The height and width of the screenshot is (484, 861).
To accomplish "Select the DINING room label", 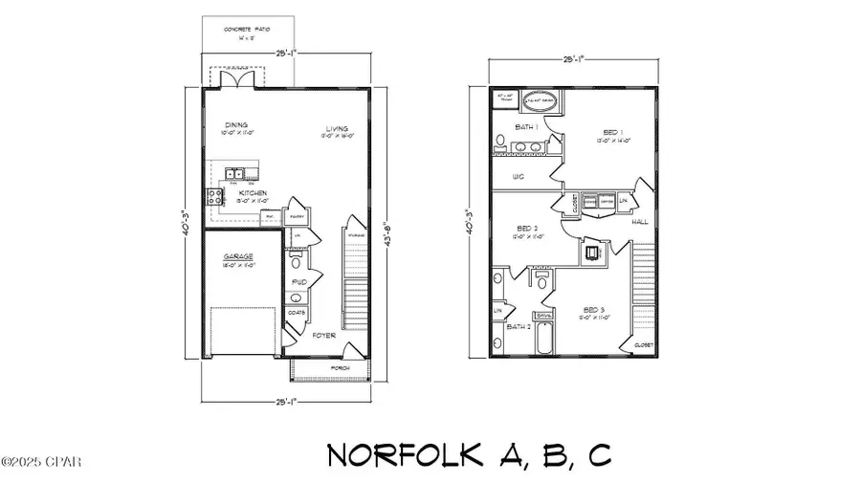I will click(235, 125).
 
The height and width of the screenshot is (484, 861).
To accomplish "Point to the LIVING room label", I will click(336, 128).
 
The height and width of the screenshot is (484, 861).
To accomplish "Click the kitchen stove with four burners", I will click(212, 198).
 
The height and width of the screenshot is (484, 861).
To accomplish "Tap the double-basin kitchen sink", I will click(235, 173).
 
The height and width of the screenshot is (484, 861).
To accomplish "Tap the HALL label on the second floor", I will click(639, 221).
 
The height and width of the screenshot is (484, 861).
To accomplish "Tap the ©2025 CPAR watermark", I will click(41, 463).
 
